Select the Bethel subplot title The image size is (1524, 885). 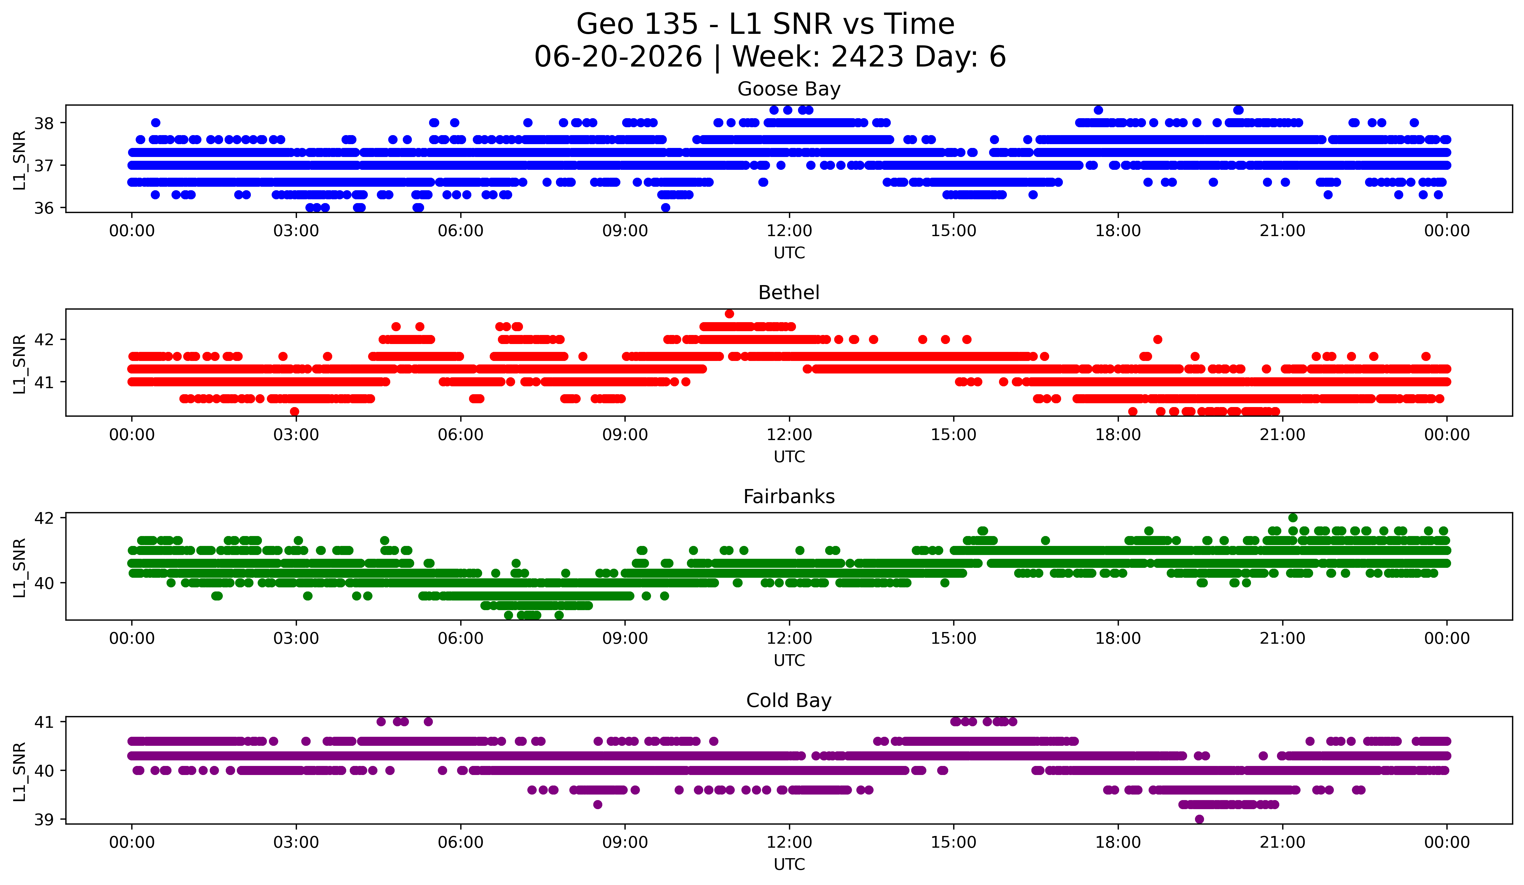(x=789, y=293)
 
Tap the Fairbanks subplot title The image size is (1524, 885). (x=789, y=497)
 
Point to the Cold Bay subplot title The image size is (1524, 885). (x=789, y=701)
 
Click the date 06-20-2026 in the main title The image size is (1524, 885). (x=618, y=57)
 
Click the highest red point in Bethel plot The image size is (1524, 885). (x=729, y=313)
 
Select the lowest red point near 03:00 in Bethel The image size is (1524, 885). (x=295, y=411)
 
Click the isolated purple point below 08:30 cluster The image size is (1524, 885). (x=598, y=804)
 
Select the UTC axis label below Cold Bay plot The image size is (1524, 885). (x=789, y=865)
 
